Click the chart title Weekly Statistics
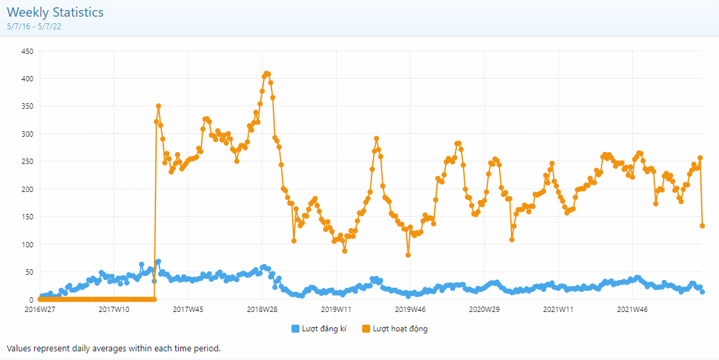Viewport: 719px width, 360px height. [55, 12]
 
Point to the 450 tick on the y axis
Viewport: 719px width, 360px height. [27, 51]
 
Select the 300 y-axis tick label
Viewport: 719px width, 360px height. [27, 134]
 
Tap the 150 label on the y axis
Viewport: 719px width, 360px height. [27, 217]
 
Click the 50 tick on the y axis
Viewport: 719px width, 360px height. [29, 272]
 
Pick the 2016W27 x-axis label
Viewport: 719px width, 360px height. [40, 309]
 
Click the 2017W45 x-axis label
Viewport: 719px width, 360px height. [188, 309]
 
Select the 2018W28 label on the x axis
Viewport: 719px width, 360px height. [262, 309]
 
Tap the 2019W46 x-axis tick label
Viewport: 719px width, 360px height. [410, 309]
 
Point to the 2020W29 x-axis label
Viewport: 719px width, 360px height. [484, 309]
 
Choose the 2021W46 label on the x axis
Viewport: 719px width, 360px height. [632, 309]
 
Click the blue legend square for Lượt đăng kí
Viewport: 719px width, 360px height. [295, 329]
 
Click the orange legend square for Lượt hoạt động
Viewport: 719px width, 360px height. [366, 329]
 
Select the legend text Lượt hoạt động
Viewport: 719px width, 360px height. [400, 329]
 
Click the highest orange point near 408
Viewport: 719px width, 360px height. [267, 73]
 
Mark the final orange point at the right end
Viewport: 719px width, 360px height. [702, 226]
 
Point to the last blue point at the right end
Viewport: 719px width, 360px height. [702, 292]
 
